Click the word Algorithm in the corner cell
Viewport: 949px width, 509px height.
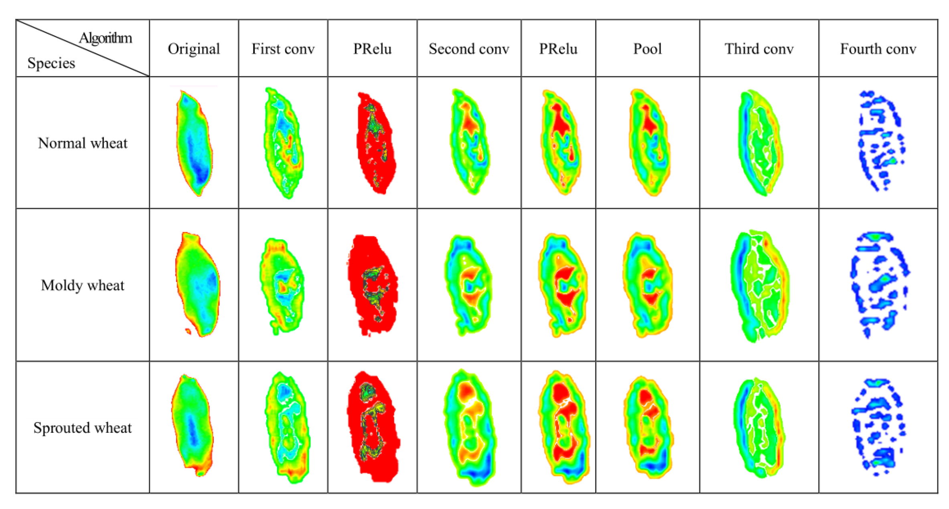pos(105,38)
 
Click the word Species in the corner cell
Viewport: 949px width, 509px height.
pos(51,63)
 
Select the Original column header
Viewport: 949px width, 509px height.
pos(194,49)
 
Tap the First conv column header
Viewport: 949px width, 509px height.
pos(283,49)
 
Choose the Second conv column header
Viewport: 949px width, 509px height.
pos(468,49)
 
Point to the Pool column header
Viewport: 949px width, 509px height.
pos(647,49)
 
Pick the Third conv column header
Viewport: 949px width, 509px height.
pos(758,49)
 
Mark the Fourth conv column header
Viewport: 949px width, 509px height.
pos(878,49)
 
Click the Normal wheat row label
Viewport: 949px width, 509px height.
pos(83,143)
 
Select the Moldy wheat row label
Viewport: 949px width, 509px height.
pos(83,285)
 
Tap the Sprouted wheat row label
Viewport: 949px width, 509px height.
pos(83,428)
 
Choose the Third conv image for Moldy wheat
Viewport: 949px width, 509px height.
pos(759,285)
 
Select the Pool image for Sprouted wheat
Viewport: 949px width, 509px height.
pos(648,427)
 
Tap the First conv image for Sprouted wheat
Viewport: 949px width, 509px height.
pos(287,427)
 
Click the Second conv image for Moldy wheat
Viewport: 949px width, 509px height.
pos(468,285)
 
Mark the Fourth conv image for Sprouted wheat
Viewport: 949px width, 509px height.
pos(878,427)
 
